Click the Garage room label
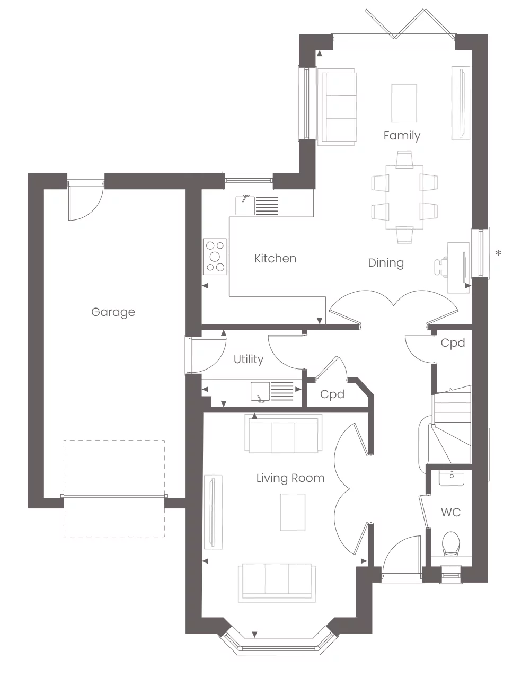pos(113,312)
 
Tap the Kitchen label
pos(275,259)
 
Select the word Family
pos(402,136)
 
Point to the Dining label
pos(386,263)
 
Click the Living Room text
pos(290,478)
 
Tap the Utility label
pos(249,359)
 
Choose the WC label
pos(450,513)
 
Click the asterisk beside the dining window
pos(498,254)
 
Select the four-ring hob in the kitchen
pos(215,257)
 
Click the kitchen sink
pos(245,205)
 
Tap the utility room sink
pos(260,391)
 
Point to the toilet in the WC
pos(450,544)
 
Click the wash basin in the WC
pos(452,477)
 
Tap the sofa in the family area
pos(337,107)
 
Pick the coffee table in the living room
pos(293,512)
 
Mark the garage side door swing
pos(83,201)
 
